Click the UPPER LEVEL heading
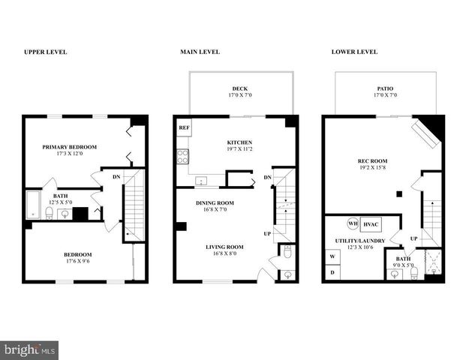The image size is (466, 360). point(45,52)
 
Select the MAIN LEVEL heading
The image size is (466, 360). point(200,52)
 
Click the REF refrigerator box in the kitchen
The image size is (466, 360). point(184,128)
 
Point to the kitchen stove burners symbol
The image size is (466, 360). point(182,157)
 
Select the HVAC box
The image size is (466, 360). point(371,223)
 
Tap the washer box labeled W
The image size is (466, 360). point(332,256)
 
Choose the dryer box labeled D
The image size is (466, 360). point(332,273)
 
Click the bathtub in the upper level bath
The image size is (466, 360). point(33,205)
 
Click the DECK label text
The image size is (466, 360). point(239,88)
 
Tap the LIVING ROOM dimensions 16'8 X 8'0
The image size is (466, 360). point(225,254)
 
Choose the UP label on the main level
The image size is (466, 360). point(266,233)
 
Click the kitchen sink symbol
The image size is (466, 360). point(201,181)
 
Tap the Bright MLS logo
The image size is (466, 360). point(30,350)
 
